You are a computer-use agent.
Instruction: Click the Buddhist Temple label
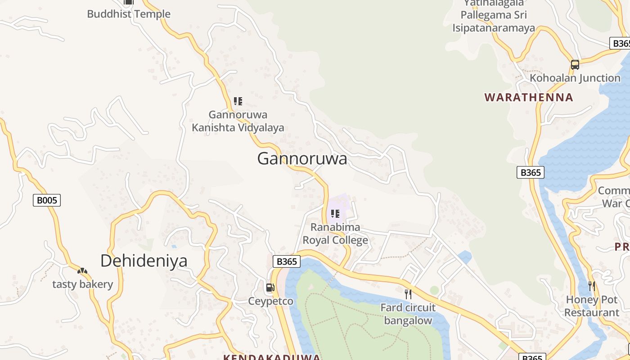point(129,14)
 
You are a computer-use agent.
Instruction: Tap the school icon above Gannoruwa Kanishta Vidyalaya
point(238,101)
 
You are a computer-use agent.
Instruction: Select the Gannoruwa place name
point(302,159)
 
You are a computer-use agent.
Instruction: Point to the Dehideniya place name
point(144,261)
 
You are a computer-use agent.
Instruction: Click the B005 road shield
point(47,200)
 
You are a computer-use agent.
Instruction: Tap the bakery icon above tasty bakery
point(82,271)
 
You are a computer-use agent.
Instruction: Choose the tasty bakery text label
point(82,284)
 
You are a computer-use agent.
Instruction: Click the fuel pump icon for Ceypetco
point(270,288)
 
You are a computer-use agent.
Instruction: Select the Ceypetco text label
point(271,301)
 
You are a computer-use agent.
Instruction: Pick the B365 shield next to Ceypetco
point(287,261)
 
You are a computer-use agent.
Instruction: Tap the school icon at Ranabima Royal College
point(335,213)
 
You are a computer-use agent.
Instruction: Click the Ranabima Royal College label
point(335,234)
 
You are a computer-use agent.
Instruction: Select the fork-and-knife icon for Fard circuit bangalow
point(408,294)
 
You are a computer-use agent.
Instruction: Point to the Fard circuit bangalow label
point(408,314)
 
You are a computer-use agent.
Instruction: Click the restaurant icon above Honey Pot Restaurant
point(592,286)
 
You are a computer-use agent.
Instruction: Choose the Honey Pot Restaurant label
point(592,306)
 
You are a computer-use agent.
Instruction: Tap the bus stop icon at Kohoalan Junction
point(575,64)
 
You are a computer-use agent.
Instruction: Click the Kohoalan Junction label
point(575,78)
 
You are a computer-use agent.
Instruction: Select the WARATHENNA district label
point(529,97)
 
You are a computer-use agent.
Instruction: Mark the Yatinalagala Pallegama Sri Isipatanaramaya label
point(494,16)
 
